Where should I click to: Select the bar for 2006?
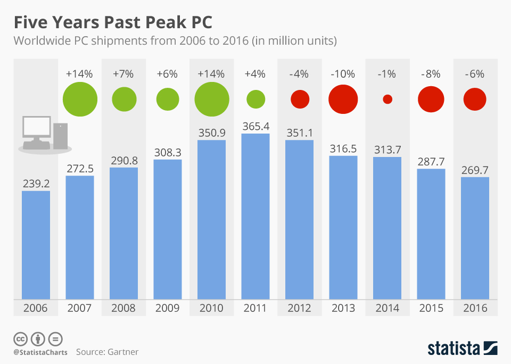36,245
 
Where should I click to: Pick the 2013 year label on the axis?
343,308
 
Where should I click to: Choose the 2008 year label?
123,308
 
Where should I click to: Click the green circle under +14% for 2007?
80,99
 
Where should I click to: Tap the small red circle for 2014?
388,99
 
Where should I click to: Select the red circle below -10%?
343,99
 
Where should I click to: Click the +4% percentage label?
256,74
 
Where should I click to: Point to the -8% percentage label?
431,74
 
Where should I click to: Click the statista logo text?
453,349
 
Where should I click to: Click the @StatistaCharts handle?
40,352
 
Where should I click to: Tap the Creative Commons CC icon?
21,338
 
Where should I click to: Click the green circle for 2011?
256,99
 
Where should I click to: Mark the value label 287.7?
431,162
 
